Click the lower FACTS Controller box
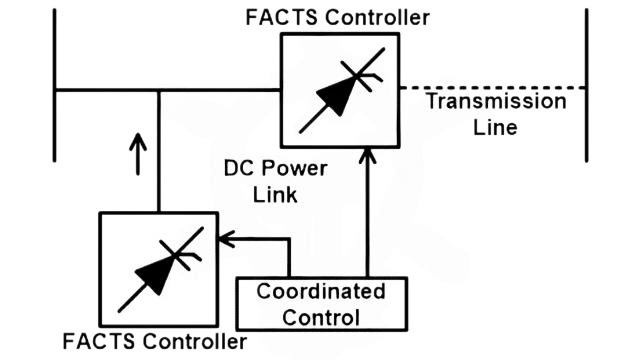click(158, 270)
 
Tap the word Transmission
click(495, 102)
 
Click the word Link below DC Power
click(275, 194)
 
